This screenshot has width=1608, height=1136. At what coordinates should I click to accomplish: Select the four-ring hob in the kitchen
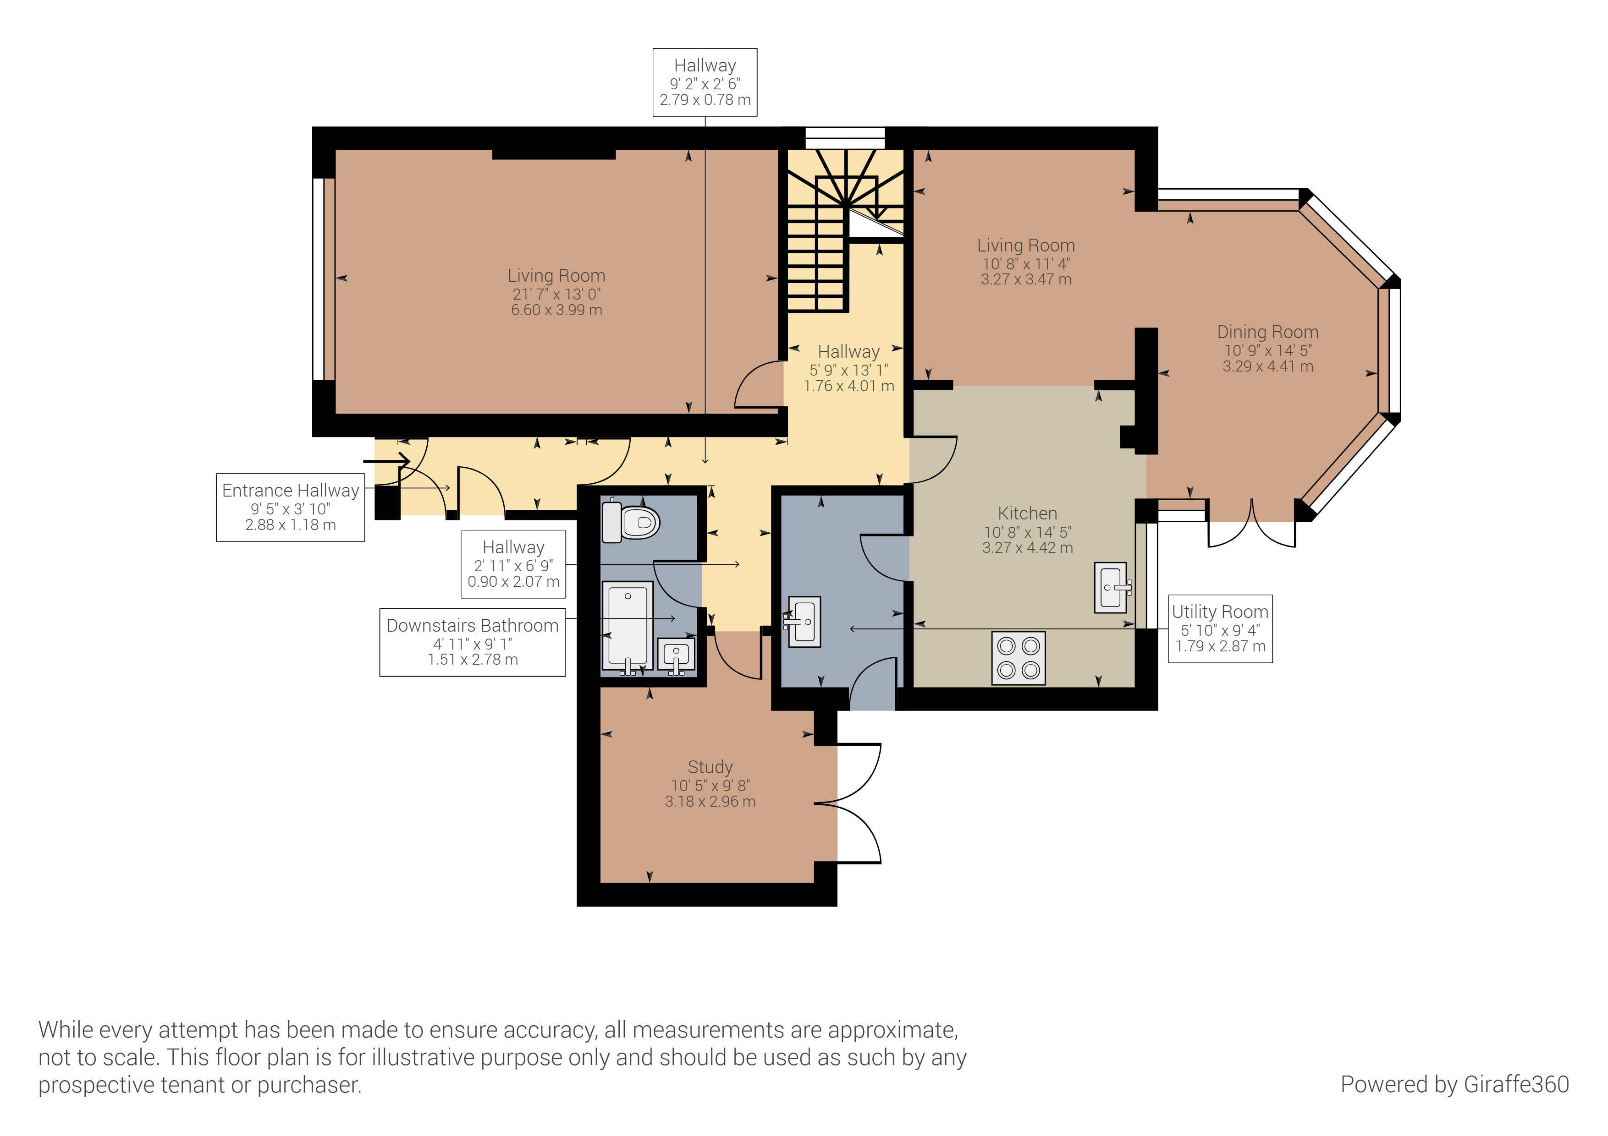point(1019,658)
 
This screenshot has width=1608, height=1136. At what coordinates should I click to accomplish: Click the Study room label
point(710,767)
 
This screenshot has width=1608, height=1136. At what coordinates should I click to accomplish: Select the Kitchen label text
point(1027,513)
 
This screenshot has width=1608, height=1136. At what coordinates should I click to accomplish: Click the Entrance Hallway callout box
point(291,508)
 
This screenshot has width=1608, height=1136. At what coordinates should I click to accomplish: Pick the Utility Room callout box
point(1220,628)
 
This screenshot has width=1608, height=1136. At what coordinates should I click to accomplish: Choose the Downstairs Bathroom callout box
point(473,643)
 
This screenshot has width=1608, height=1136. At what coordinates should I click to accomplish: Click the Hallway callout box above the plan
point(705,82)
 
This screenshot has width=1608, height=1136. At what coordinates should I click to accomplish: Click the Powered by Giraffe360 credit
point(1454,1084)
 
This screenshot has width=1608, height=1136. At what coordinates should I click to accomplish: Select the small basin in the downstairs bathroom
point(676,656)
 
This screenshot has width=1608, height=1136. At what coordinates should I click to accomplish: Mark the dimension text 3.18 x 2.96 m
point(710,802)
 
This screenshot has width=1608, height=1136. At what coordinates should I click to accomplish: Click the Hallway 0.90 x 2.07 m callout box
point(513,564)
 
